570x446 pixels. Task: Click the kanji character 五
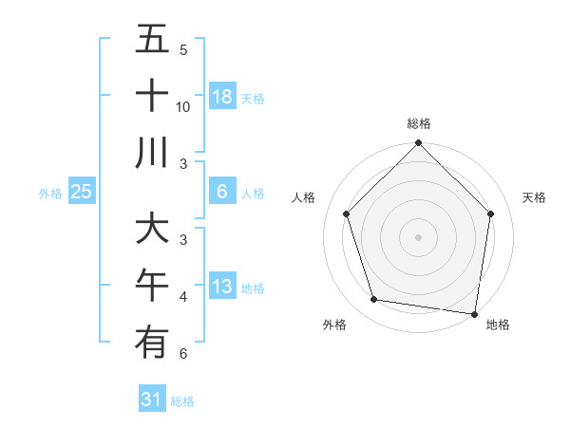point(152,40)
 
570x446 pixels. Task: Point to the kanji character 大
point(152,228)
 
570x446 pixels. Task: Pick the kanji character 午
point(152,285)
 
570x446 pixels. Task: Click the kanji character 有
point(152,341)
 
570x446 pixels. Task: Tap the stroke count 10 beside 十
point(183,107)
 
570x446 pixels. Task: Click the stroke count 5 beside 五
point(183,50)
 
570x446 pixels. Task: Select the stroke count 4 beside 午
point(183,297)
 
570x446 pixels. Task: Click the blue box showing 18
point(222,97)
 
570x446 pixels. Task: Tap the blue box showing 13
point(222,287)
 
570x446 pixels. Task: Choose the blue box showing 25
point(82,193)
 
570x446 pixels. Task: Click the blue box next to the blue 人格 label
point(222,193)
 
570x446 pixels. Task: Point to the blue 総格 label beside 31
point(182,401)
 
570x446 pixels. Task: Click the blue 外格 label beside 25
point(50,194)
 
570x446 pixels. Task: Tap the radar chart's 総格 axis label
point(419,123)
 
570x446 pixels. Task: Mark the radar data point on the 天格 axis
point(491,214)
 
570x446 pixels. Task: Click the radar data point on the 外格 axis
point(374,300)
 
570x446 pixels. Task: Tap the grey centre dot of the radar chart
point(419,236)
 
